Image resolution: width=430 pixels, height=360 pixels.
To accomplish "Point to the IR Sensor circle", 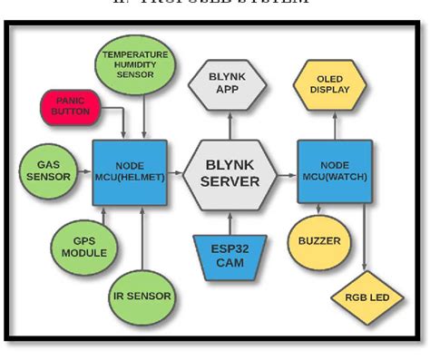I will coord(142,295).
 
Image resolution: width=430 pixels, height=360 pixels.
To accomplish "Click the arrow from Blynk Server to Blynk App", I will coord(230,124).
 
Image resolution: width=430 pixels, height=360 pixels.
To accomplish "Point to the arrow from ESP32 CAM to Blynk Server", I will coord(230,221).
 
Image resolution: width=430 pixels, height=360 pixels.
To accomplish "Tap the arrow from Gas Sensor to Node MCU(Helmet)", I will coord(84,170).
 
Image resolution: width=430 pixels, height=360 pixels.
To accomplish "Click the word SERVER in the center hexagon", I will coord(230,180).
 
